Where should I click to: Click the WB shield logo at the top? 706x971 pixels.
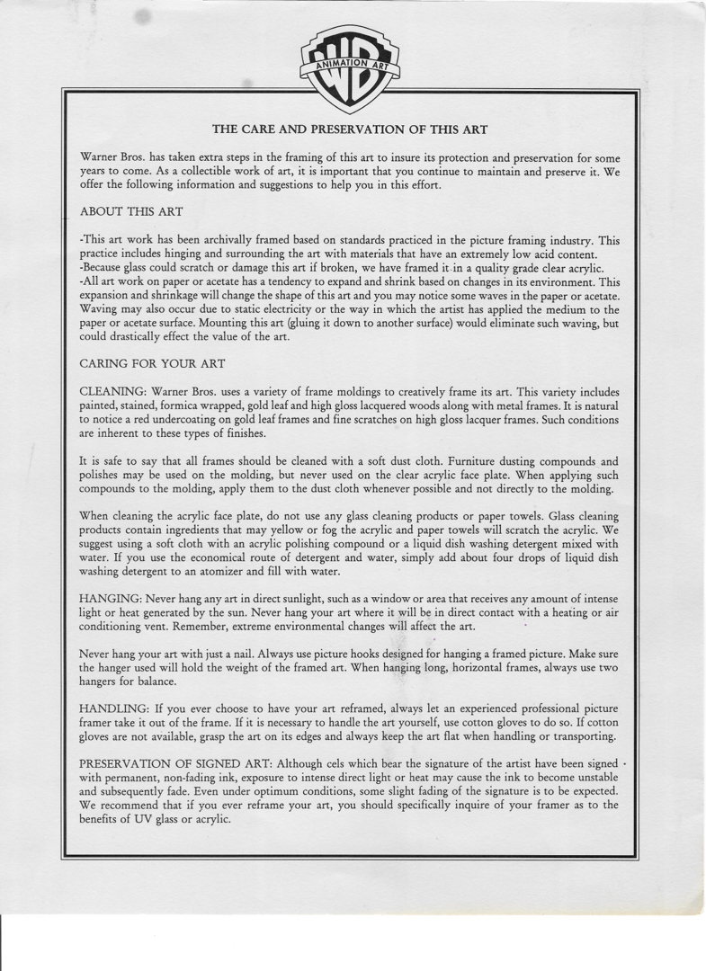pos(351,67)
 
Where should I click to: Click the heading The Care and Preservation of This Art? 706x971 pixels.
pos(350,129)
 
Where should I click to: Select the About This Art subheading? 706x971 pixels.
pos(131,212)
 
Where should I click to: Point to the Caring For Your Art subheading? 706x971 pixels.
pos(152,364)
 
